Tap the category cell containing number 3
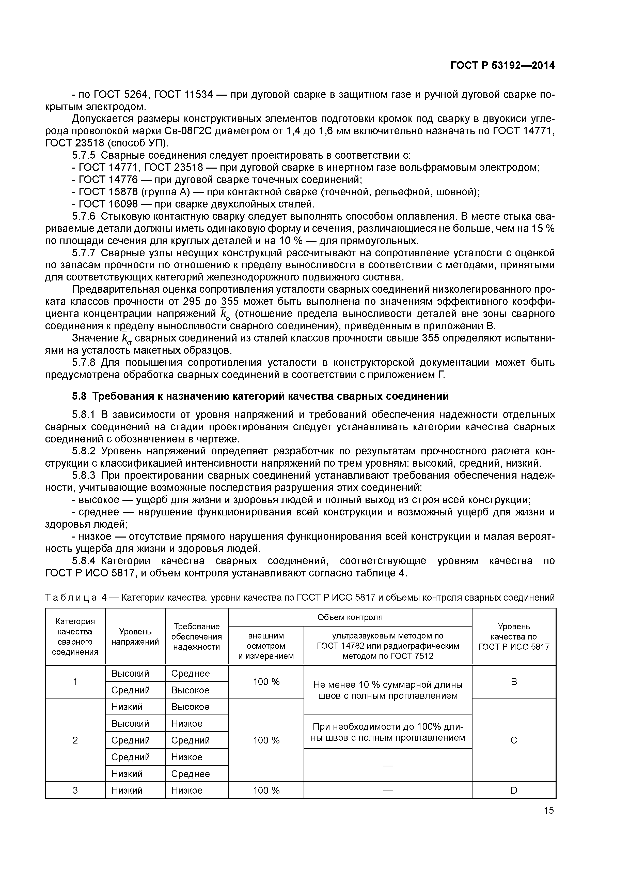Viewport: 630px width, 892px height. point(75,790)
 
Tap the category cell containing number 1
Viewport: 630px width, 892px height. point(75,682)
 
